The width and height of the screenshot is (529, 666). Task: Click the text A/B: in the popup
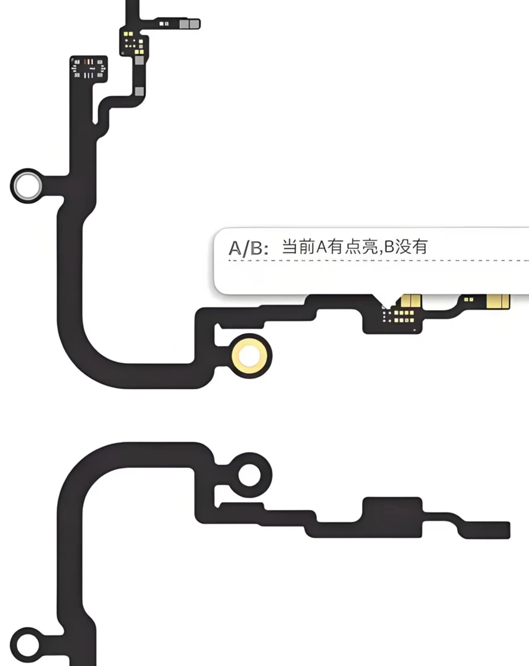pos(248,248)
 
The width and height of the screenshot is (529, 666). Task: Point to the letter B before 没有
pos(389,247)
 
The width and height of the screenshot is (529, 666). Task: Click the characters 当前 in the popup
pos(298,247)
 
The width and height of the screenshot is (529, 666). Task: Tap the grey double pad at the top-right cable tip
pos(189,24)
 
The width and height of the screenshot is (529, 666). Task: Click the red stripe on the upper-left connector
pos(89,62)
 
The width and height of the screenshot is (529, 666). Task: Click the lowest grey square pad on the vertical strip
pos(140,91)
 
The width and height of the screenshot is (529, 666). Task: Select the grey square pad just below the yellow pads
pos(140,60)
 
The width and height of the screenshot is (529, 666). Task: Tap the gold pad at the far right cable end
pos(498,301)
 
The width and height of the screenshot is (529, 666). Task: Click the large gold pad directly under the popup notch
pos(411,301)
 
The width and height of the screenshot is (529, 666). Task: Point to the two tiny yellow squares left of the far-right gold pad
pos(468,300)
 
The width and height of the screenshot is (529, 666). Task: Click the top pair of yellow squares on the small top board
pos(128,33)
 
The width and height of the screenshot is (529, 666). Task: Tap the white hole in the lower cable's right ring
pos(249,474)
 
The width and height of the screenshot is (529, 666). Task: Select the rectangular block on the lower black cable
pos(392,517)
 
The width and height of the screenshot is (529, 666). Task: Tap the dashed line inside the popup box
pos(378,260)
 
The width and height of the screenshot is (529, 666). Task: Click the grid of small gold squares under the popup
pos(400,316)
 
